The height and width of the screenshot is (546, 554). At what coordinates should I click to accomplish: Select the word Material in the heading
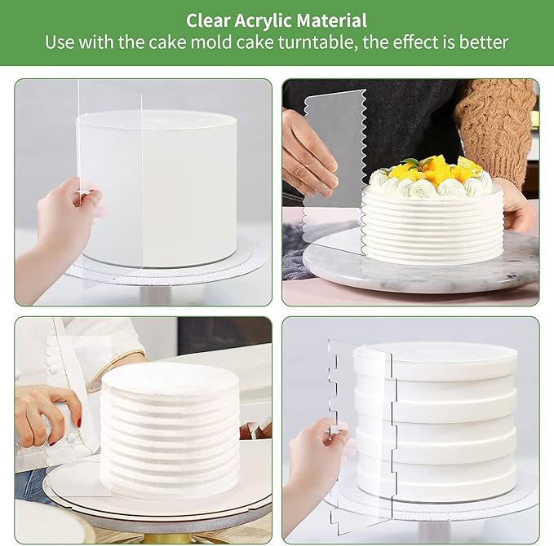pos(332,20)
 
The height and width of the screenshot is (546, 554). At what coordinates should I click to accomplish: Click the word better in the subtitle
pos(483,42)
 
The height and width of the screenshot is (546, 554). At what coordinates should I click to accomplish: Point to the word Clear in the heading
pos(208,20)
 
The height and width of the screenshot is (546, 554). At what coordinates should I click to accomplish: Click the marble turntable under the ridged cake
pos(420,263)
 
